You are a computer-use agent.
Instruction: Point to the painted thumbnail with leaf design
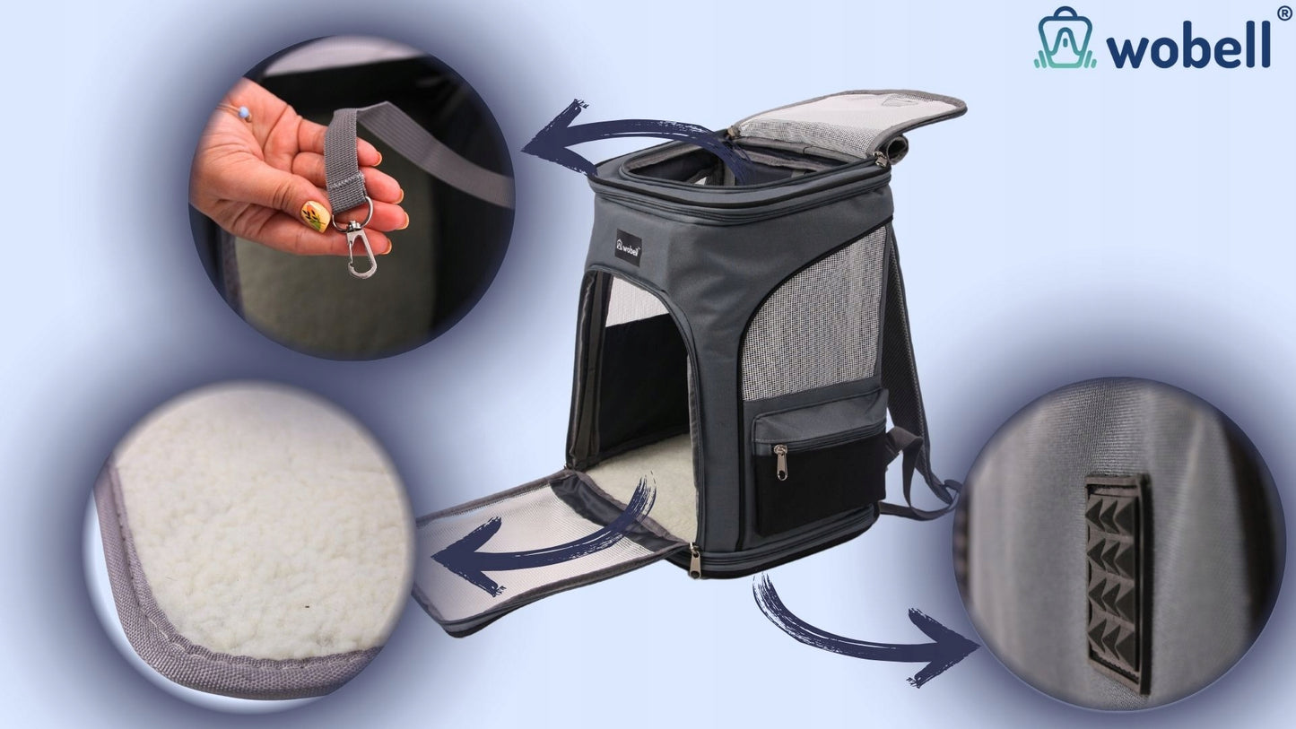coord(316,216)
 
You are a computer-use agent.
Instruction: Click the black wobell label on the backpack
coord(629,247)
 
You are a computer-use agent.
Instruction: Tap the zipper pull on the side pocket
coord(781,462)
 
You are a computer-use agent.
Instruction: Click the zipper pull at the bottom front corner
coord(694,561)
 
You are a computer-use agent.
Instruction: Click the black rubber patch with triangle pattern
coord(1117,581)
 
